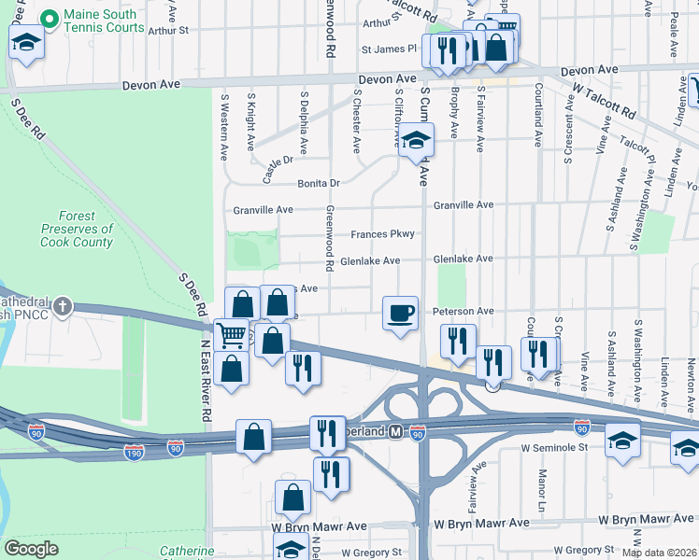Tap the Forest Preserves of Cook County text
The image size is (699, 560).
click(x=77, y=229)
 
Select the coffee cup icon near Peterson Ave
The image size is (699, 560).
click(x=400, y=313)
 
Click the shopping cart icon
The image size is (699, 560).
click(x=231, y=335)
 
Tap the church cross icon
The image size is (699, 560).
click(x=63, y=306)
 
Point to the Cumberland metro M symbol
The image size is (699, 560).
click(x=395, y=432)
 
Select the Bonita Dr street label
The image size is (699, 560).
click(x=319, y=183)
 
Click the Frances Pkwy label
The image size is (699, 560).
click(x=382, y=234)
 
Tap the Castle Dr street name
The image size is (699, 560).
click(x=278, y=169)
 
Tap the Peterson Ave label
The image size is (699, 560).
click(x=461, y=310)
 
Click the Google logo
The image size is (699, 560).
click(x=31, y=549)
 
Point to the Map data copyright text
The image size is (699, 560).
click(x=659, y=553)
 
